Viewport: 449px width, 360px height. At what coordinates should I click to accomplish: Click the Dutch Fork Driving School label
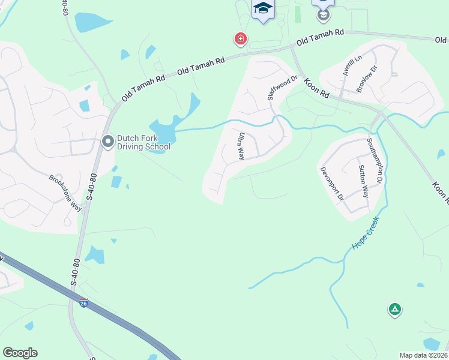click(143, 142)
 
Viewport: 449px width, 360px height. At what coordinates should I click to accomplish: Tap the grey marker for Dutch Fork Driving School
click(108, 142)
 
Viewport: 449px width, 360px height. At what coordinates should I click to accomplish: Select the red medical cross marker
click(240, 40)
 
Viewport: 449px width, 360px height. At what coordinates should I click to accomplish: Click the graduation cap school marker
click(262, 8)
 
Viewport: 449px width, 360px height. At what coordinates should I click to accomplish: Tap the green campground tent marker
click(394, 310)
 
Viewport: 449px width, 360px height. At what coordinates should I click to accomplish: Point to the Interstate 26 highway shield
click(83, 304)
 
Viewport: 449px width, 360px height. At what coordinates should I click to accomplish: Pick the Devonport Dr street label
click(331, 184)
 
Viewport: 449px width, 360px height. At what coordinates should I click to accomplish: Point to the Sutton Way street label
click(363, 181)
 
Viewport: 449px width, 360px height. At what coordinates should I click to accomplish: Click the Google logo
click(20, 353)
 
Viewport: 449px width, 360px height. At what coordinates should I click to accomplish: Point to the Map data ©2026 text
click(423, 355)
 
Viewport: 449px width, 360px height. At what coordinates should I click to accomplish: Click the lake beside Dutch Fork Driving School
click(162, 129)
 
